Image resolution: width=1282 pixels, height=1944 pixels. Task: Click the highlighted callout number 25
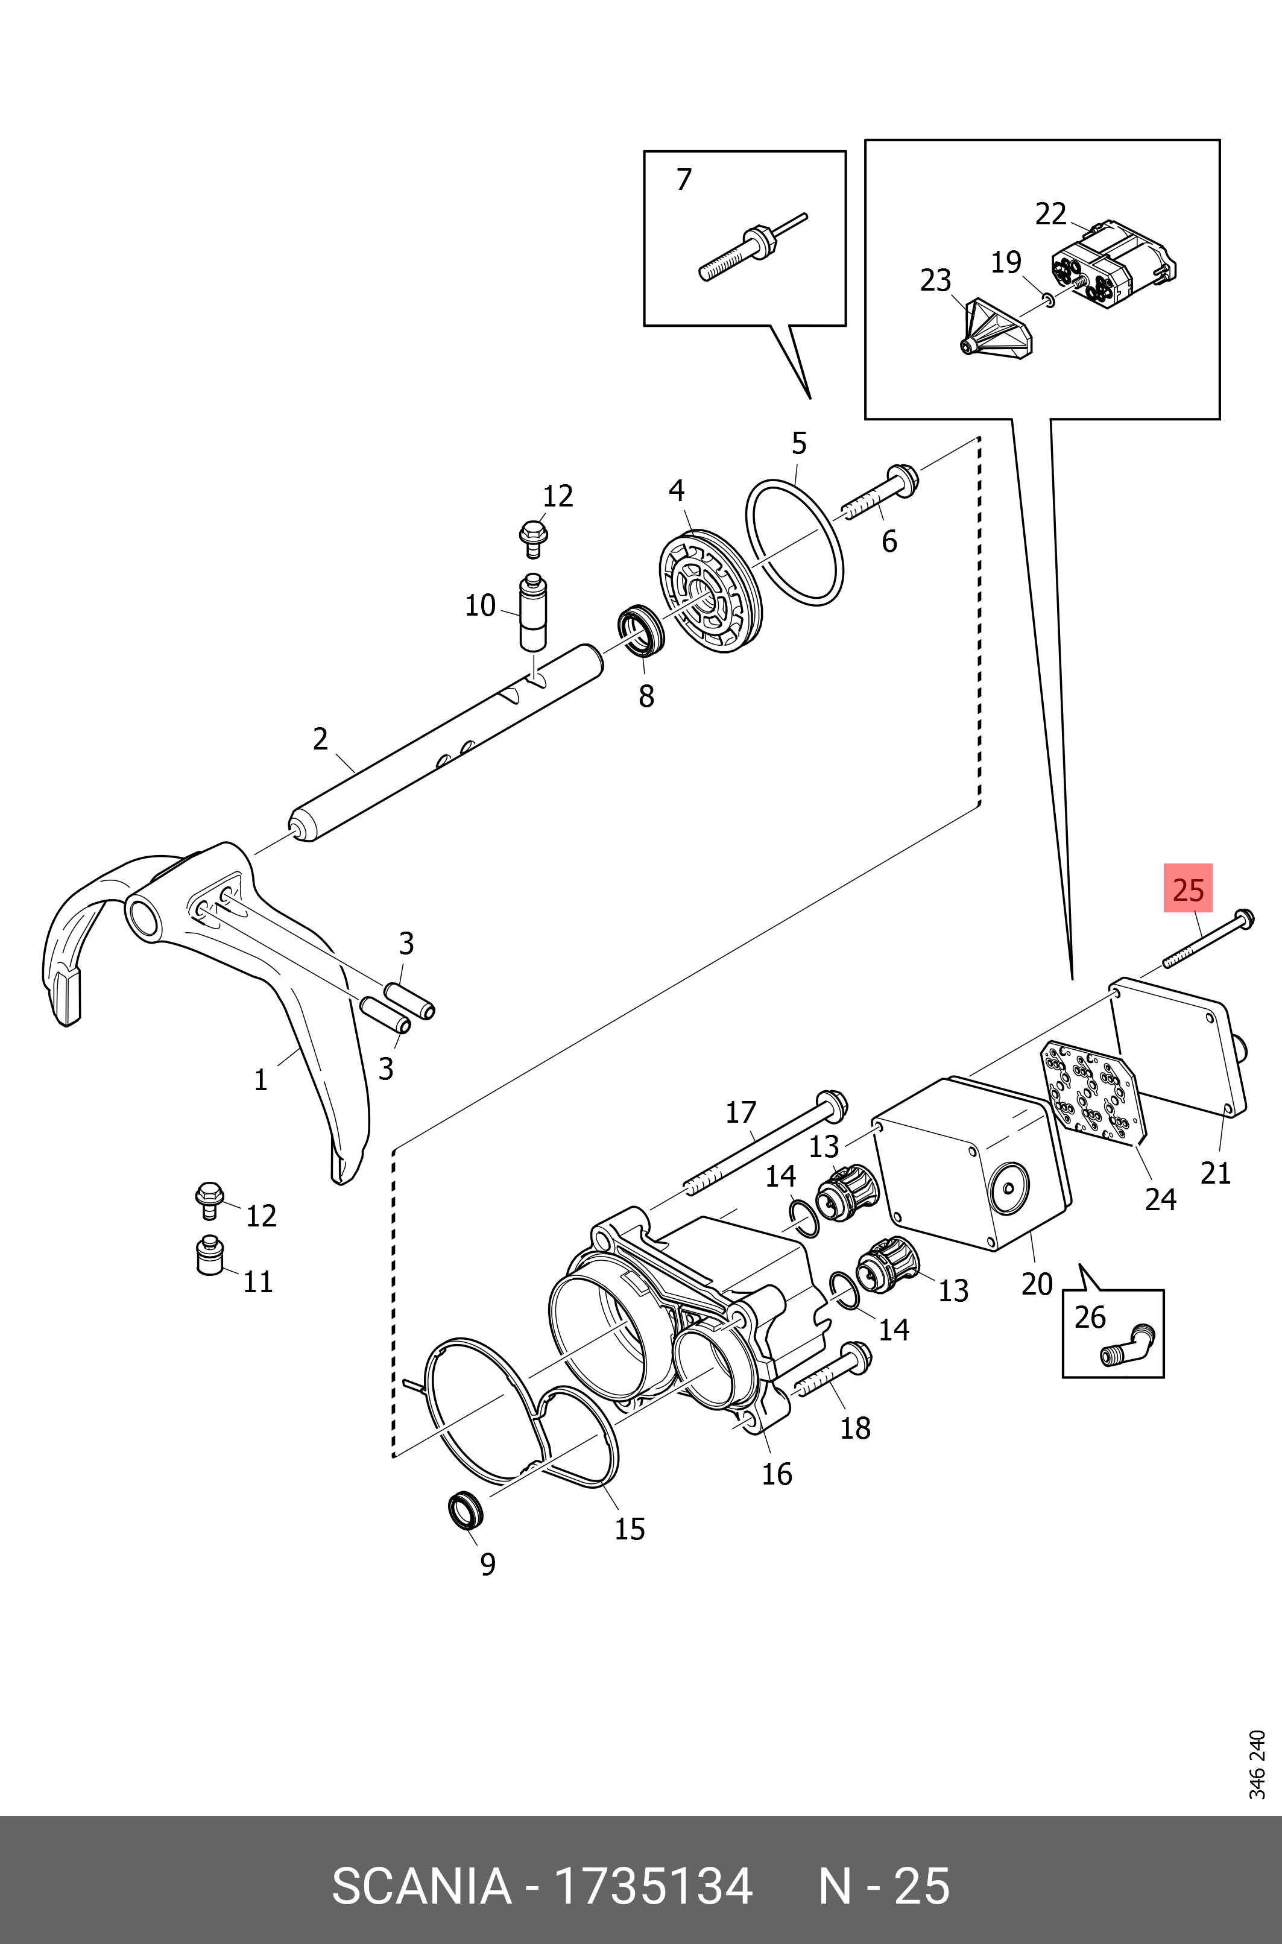click(1188, 889)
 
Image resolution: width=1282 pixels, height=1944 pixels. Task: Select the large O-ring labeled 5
click(794, 542)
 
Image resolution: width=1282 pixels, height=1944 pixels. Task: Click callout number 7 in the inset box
click(684, 179)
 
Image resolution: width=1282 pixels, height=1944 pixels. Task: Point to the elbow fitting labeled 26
click(1128, 1345)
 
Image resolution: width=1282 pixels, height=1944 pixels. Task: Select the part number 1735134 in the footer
click(653, 1879)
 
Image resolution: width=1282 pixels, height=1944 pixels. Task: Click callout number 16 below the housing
click(777, 1473)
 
